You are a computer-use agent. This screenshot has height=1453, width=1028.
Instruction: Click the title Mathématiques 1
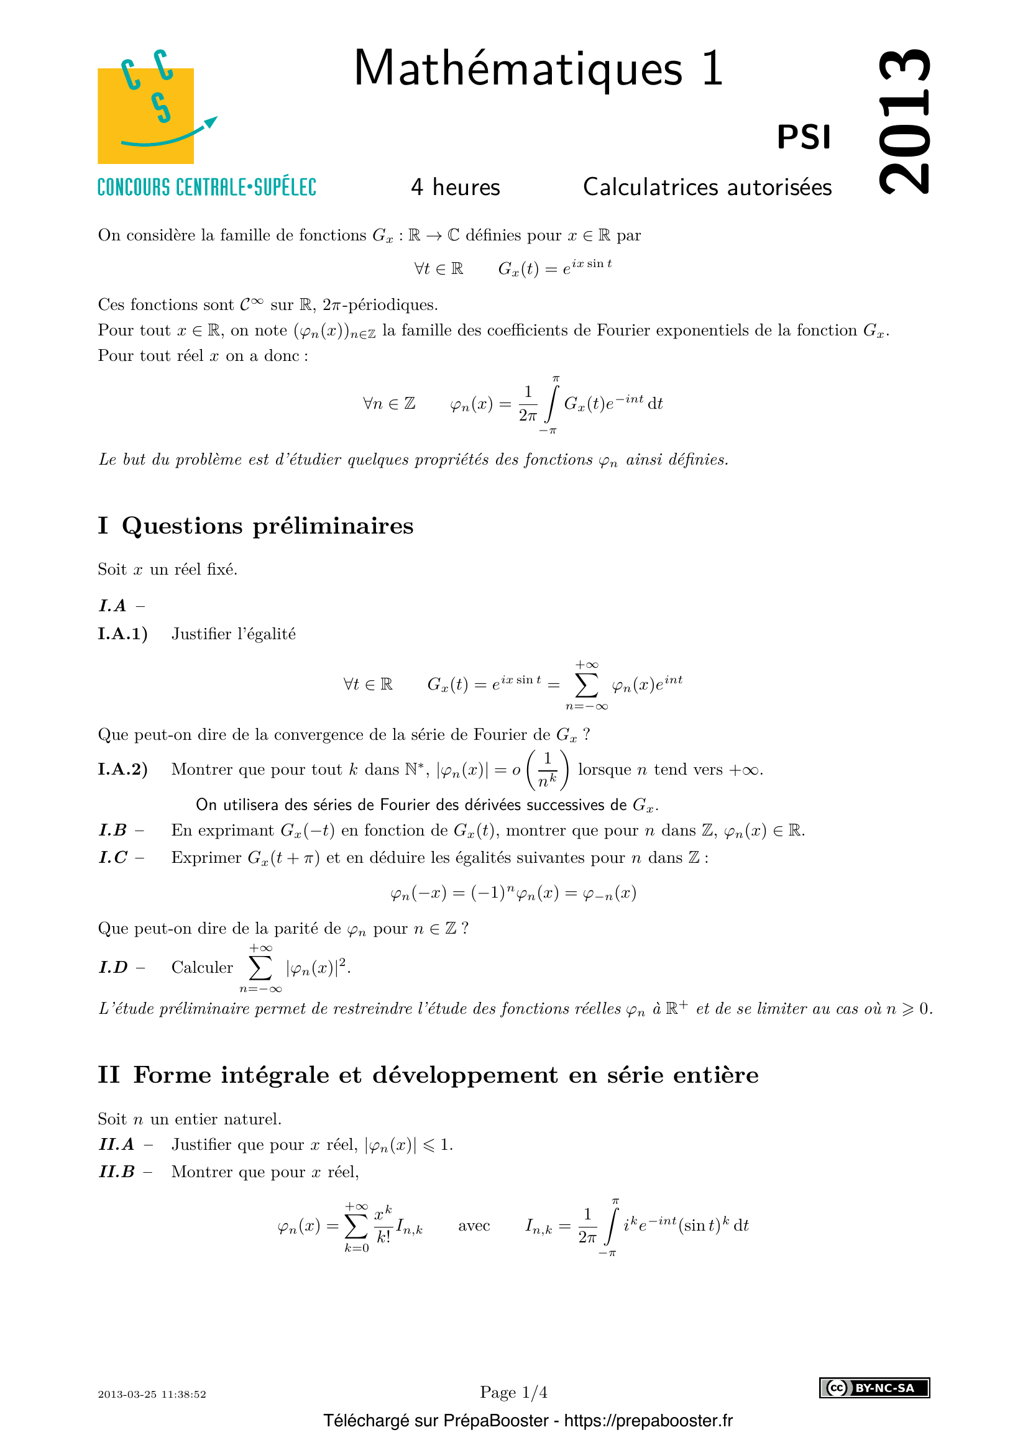point(538,68)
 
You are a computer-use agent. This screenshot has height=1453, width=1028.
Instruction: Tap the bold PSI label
point(803,137)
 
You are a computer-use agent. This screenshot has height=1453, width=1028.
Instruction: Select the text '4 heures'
point(455,188)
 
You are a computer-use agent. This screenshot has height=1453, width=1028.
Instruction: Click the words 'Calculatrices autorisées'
point(707,188)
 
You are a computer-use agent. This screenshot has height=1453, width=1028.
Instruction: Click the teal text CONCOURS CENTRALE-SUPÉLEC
point(206,188)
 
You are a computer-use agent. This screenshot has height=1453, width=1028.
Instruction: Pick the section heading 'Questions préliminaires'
point(267,526)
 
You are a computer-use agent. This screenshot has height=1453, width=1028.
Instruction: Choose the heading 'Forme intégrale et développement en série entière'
point(446,1075)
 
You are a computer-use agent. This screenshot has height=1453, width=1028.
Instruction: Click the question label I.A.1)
point(122,634)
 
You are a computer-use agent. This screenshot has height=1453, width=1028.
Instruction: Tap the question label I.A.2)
point(122,770)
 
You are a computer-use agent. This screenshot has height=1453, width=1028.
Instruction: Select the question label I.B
point(113,831)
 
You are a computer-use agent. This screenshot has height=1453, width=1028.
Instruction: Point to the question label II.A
point(117,1144)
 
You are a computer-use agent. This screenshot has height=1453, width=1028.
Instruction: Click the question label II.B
point(117,1172)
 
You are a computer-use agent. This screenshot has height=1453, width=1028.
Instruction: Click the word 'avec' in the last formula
point(474,1226)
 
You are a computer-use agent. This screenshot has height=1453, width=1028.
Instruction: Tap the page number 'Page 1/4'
point(513,1392)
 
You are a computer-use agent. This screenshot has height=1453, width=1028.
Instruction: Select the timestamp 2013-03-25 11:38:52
point(152,1394)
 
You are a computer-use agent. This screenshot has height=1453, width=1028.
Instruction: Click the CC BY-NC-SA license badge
point(874,1388)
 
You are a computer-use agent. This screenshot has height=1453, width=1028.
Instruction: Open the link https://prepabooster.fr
point(648,1421)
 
